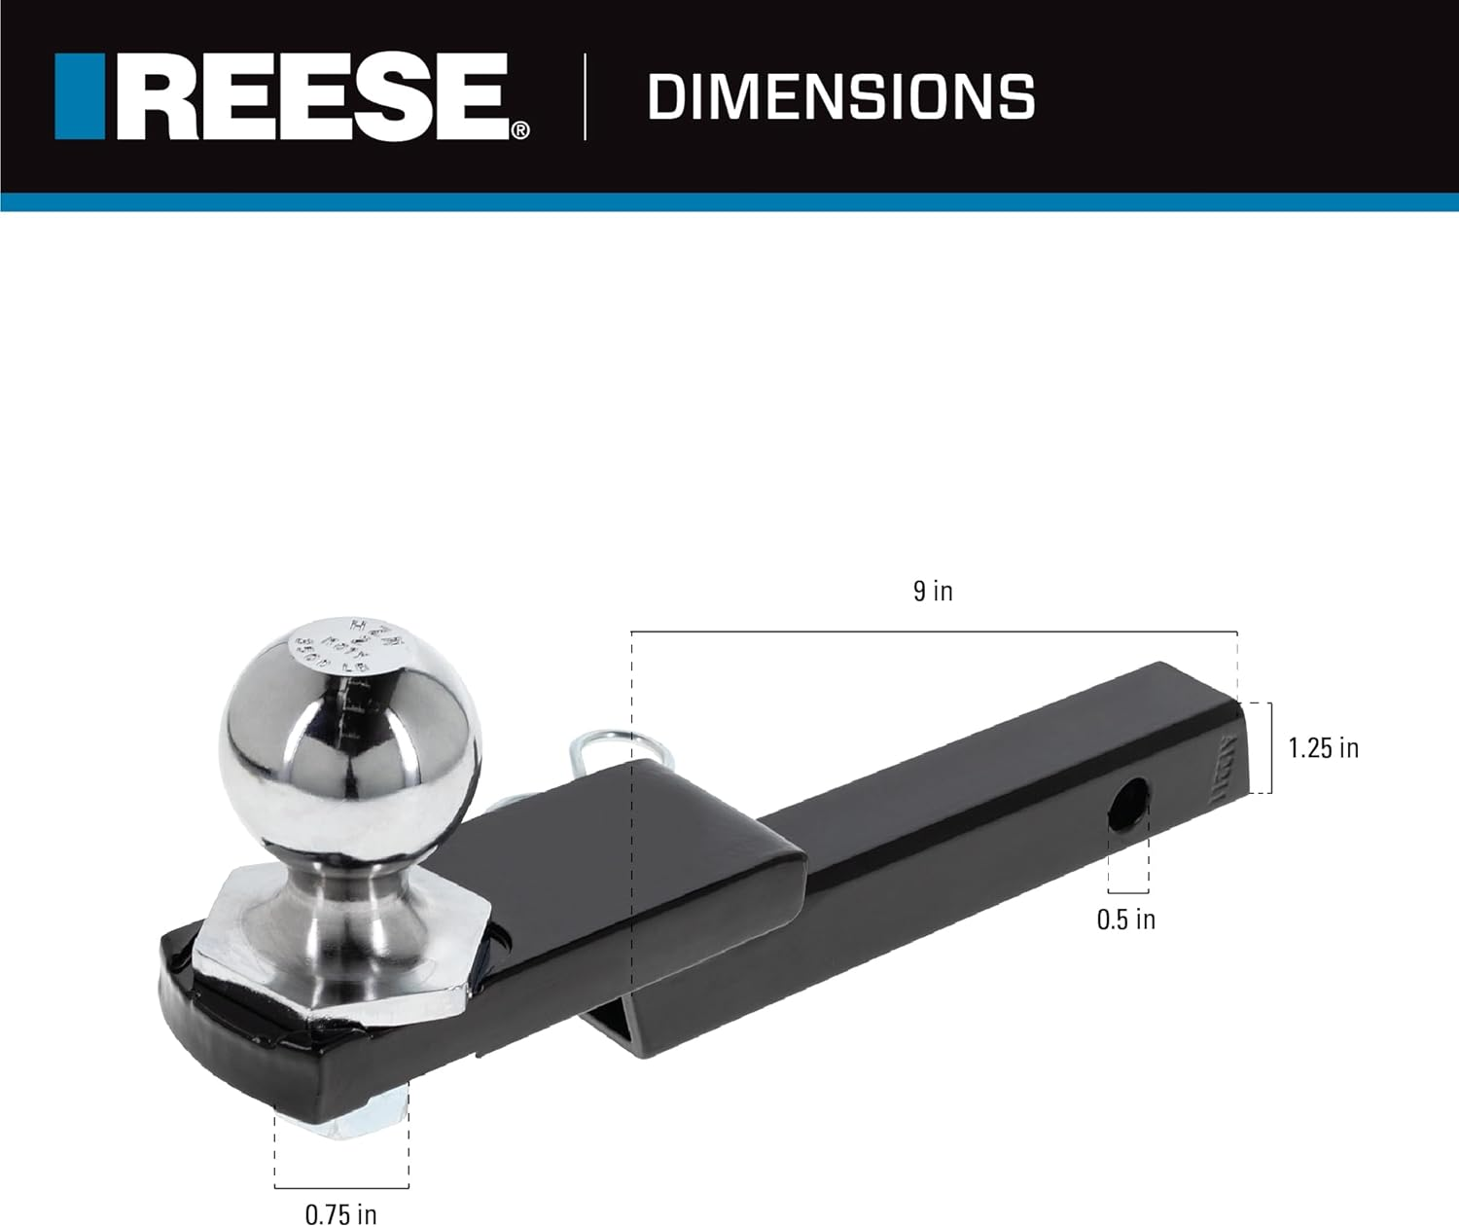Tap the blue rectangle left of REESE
[80, 96]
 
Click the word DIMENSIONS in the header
[840, 97]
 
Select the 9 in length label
[933, 591]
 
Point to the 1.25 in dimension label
[1323, 747]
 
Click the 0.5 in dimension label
[1126, 920]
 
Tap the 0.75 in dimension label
[340, 1214]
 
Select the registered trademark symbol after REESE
[521, 130]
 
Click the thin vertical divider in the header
[585, 97]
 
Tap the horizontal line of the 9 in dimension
[934, 632]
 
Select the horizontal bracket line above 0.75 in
[340, 1187]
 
